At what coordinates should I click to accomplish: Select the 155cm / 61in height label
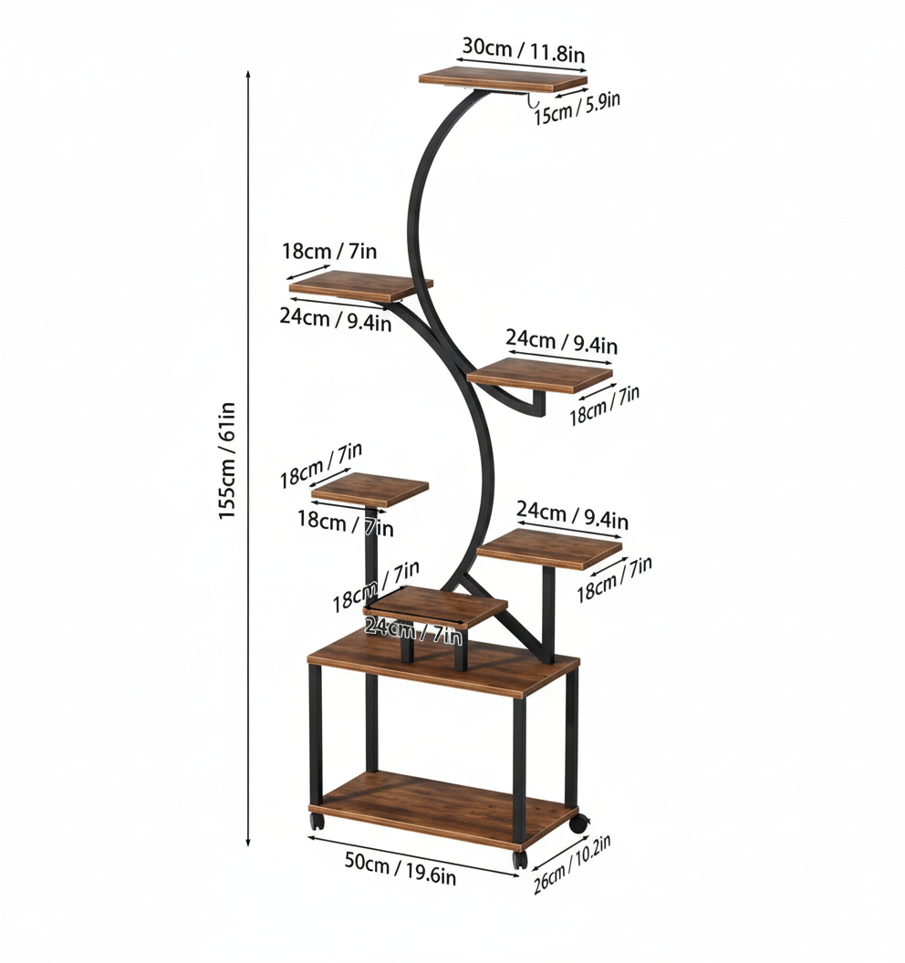tap(227, 461)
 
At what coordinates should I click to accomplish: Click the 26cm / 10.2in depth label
tap(572, 865)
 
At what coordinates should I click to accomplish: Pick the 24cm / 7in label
tap(413, 630)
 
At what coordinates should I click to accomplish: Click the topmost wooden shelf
tap(503, 80)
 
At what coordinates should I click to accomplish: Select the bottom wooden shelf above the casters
tap(442, 807)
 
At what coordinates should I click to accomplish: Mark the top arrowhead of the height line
tap(248, 73)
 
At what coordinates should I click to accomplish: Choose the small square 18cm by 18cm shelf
tap(369, 490)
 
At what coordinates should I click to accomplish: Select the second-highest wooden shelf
tap(360, 286)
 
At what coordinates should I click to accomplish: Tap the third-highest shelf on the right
tap(540, 374)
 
